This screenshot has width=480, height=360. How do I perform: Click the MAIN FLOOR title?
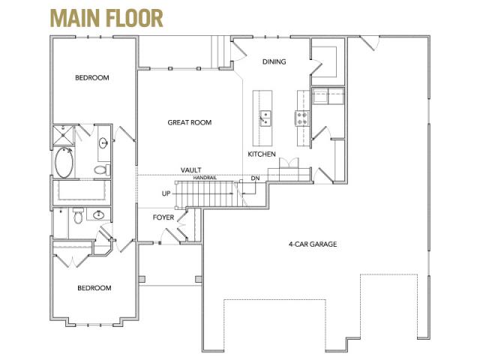coord(106,18)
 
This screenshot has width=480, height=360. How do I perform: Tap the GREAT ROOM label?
coord(190,122)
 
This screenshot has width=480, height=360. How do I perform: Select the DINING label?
coord(274,61)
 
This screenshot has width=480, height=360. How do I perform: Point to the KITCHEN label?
coord(262,154)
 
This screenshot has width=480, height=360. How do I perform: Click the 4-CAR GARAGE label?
coord(313,244)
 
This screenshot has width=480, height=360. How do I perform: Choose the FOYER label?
coord(163,217)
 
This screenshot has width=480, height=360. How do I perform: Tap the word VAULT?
coord(191,170)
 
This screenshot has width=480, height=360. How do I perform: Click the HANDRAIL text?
coord(205,178)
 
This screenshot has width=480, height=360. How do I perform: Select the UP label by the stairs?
coord(166,193)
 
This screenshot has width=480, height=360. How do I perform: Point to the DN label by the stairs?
coord(255,178)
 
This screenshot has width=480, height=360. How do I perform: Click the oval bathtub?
coord(64,162)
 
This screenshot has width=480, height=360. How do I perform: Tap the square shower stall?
coord(63,135)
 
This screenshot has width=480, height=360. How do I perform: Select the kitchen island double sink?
coord(265,118)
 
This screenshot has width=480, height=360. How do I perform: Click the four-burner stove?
coord(301,118)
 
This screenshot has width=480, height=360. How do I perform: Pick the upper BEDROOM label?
coord(92,77)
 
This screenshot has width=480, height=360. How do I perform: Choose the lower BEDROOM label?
coord(94,288)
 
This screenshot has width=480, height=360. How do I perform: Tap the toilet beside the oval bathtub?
coord(102,169)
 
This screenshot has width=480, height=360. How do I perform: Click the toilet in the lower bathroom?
coord(79,215)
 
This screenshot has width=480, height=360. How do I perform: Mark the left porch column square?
coord(142,279)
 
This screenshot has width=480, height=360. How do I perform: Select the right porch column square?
coord(198,279)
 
